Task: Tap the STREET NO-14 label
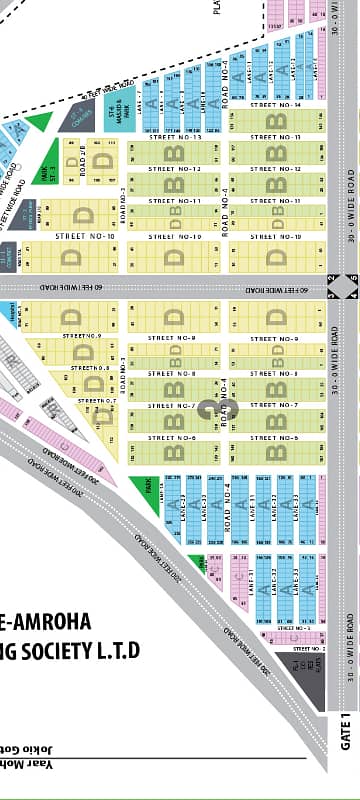tap(275, 104)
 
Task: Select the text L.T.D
tap(117, 651)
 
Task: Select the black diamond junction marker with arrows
tap(342, 285)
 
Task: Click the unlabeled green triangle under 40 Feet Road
tap(39, 122)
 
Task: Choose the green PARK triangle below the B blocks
tap(146, 494)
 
